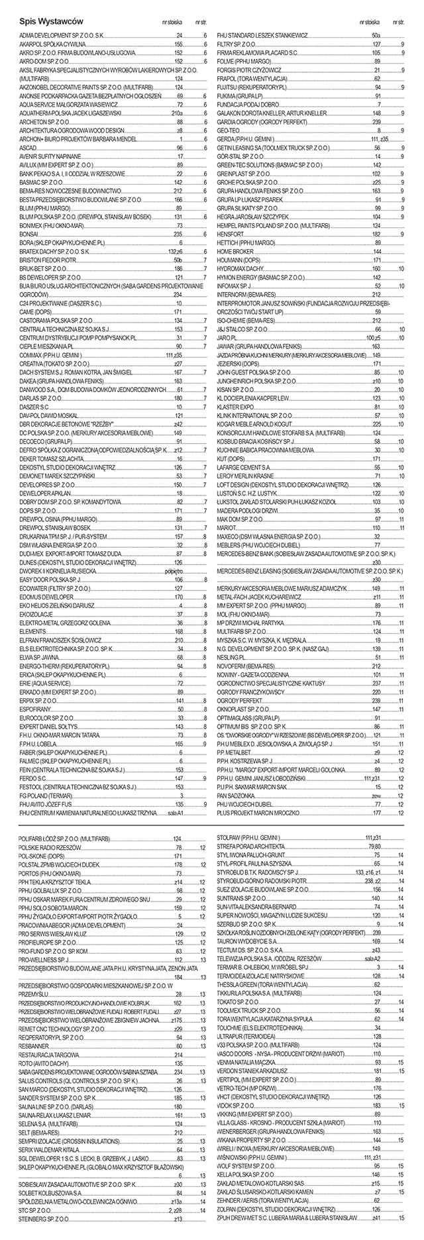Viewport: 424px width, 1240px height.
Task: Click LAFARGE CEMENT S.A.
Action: click(x=238, y=467)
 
